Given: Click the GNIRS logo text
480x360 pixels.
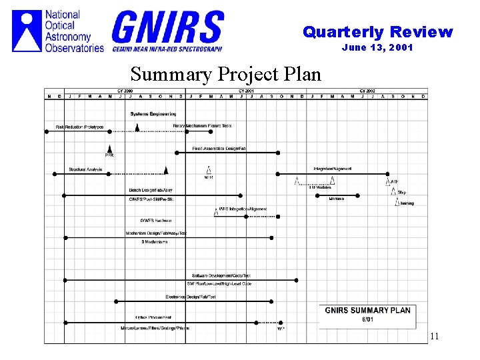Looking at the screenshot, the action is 167,27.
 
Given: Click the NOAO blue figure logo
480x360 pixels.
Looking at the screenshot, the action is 27,29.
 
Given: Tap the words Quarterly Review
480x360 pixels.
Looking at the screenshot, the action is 377,32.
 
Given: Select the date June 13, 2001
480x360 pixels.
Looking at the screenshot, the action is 377,47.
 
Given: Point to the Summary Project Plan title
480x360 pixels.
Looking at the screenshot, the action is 225,73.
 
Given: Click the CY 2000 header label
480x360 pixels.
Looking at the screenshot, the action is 125,91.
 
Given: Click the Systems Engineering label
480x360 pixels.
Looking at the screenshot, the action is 153,114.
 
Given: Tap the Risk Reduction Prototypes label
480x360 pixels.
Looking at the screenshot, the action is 79,127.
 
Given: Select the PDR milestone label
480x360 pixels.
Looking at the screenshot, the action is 109,155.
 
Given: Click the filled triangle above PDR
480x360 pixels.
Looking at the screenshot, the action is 109,148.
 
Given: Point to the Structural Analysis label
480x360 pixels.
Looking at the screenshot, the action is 85,169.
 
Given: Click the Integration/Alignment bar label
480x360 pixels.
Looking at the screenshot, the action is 333,169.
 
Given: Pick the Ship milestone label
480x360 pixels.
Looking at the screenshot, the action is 402,193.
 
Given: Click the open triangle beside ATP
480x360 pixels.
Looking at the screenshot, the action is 386,181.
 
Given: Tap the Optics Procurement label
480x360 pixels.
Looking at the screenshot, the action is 153,317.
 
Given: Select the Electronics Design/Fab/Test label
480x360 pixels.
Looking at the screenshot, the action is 191,297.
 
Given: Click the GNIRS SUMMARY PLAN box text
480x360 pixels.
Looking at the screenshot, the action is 367,310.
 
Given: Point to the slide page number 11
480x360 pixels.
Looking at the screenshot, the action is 434,337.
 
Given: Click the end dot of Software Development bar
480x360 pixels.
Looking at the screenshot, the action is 297,280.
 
